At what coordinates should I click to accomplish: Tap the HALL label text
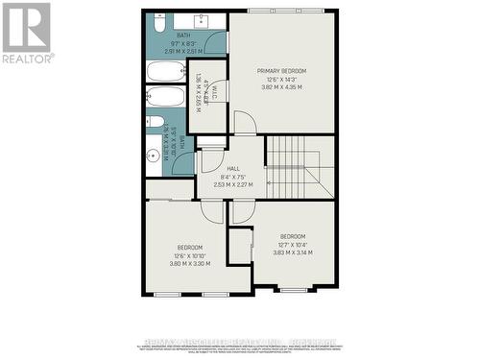pos(232,168)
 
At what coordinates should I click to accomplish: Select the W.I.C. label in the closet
pos(214,94)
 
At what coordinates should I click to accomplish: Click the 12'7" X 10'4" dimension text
pos(293,245)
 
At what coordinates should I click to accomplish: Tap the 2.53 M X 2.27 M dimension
pos(232,184)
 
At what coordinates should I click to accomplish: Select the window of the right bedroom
pos(293,289)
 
